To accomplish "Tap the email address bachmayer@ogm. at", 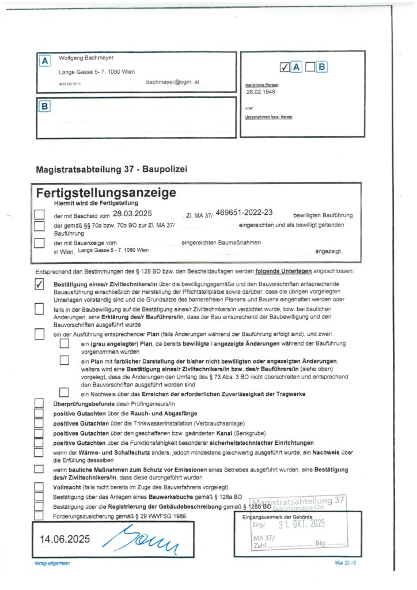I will coord(172,82).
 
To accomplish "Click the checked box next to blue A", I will coord(284,67).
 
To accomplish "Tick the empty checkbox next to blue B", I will coord(310,67).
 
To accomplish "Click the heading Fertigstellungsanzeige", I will coord(106,192).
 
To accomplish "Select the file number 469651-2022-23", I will coord(244,214).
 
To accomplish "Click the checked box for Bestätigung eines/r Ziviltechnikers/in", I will coord(39,285).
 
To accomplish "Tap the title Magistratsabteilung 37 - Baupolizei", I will coord(111,169).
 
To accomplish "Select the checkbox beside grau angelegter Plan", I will coord(65,344).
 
